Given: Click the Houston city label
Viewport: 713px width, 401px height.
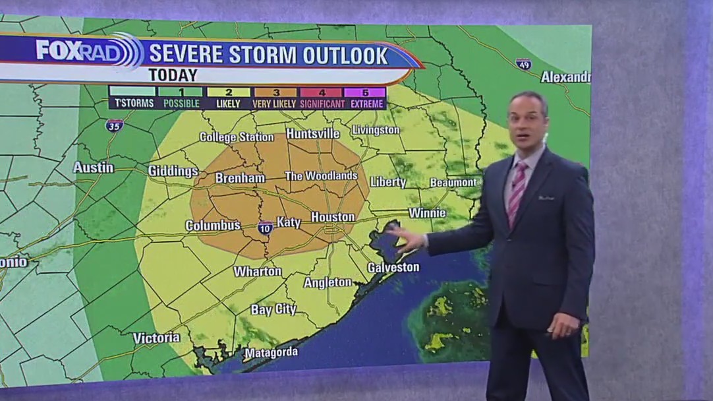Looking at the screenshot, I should (x=333, y=217).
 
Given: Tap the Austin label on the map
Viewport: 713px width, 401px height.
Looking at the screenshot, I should (x=93, y=168).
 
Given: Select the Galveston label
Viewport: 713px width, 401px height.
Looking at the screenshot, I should (x=393, y=267).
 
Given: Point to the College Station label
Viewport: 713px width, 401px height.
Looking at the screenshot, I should (x=237, y=137).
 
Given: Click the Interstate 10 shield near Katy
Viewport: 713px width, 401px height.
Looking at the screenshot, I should (x=266, y=228).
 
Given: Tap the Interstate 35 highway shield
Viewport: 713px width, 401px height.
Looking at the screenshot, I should (x=114, y=125).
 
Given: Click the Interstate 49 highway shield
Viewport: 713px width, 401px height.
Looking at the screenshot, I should (x=524, y=64).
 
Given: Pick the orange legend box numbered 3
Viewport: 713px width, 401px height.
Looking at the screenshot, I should (x=275, y=92).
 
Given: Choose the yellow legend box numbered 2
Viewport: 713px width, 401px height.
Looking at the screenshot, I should (x=229, y=92).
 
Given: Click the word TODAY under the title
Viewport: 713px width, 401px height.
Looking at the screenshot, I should (x=173, y=75).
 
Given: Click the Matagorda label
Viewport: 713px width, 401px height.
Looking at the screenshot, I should (x=271, y=353).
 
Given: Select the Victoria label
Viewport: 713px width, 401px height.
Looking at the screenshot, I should (x=156, y=338).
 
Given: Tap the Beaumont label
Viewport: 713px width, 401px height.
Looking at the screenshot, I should (x=453, y=182).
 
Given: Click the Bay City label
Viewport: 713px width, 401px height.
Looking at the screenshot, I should (x=273, y=309).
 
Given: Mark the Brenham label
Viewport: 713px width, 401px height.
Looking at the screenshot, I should (x=240, y=178).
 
